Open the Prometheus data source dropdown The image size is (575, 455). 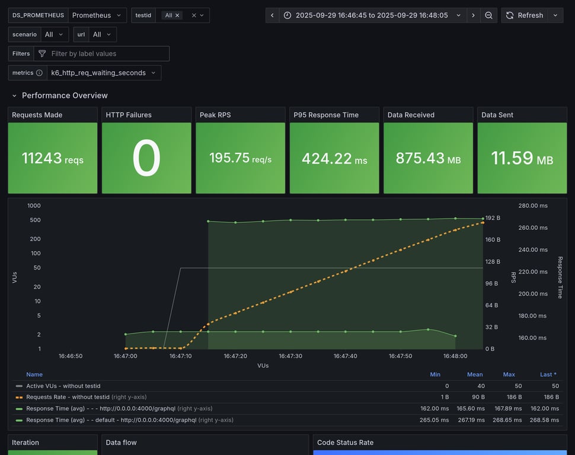pyautogui.click(x=97, y=15)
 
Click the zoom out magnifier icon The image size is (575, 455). pyautogui.click(x=488, y=15)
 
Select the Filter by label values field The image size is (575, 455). pyautogui.click(x=107, y=54)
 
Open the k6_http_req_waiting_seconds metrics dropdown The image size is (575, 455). pyautogui.click(x=103, y=73)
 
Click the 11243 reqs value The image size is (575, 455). pyautogui.click(x=52, y=158)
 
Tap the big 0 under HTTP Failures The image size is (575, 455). pyautogui.click(x=146, y=158)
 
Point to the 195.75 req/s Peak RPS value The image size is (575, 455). pyautogui.click(x=240, y=158)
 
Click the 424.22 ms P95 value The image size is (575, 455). pyautogui.click(x=334, y=158)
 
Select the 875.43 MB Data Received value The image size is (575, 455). pyautogui.click(x=428, y=158)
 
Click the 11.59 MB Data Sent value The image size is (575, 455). pyautogui.click(x=522, y=158)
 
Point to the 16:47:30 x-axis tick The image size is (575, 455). pyautogui.click(x=290, y=356)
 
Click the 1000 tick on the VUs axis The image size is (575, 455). pyautogui.click(x=34, y=206)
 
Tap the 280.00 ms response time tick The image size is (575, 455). pyautogui.click(x=532, y=206)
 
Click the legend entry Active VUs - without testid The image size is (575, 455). pyautogui.click(x=63, y=386)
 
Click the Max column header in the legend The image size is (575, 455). pyautogui.click(x=509, y=374)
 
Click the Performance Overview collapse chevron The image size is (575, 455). pyautogui.click(x=14, y=95)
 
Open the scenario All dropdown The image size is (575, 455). pyautogui.click(x=54, y=34)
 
